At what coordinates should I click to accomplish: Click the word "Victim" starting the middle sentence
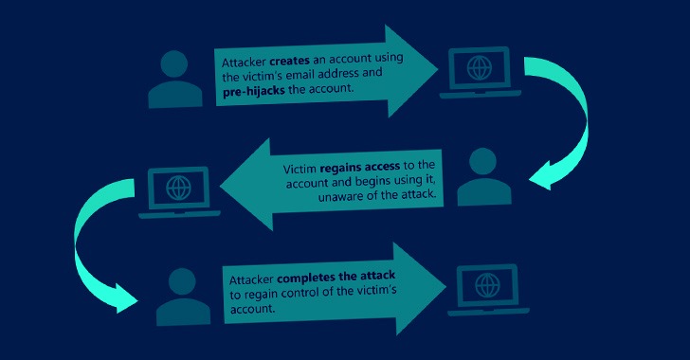click(x=300, y=167)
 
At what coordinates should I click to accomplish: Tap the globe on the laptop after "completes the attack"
click(x=486, y=283)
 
